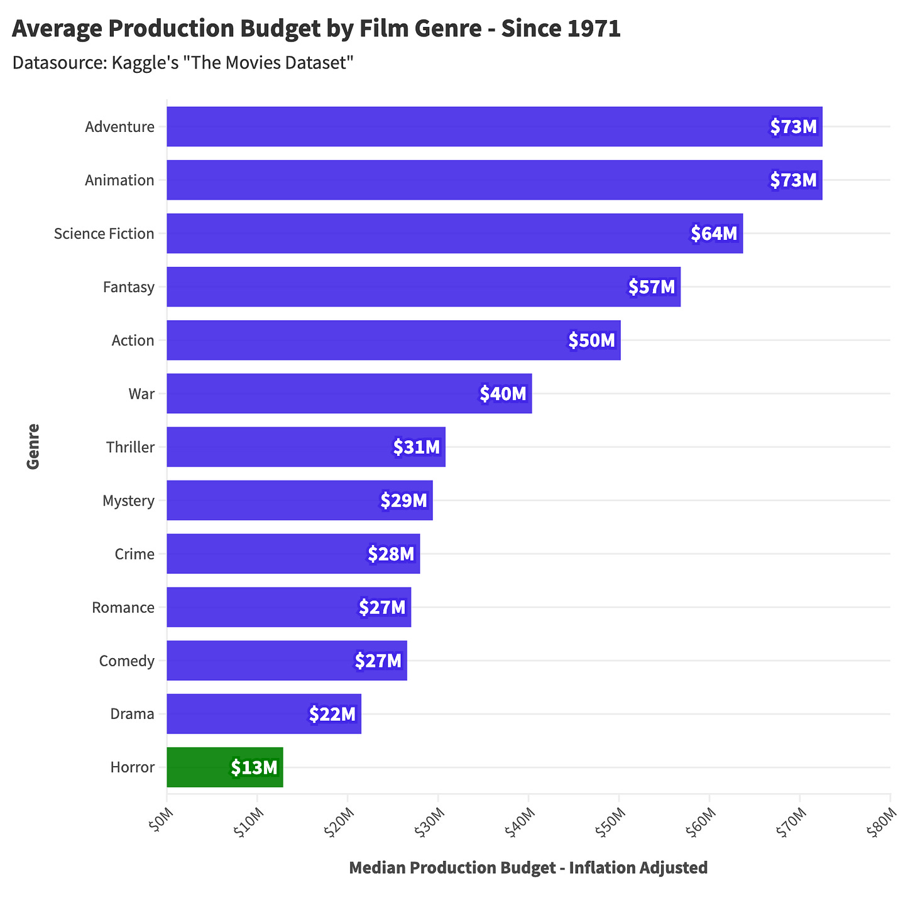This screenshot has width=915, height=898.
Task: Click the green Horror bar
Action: click(224, 767)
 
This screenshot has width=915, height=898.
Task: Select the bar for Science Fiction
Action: click(454, 234)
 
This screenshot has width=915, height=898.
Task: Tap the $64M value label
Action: click(713, 234)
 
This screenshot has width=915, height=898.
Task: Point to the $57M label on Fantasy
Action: click(651, 287)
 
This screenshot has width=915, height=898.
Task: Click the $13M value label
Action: click(254, 767)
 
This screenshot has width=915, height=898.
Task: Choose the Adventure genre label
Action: click(119, 127)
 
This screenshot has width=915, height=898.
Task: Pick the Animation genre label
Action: click(119, 180)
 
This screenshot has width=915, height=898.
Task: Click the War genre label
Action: click(141, 394)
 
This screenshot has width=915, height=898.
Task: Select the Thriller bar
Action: click(305, 447)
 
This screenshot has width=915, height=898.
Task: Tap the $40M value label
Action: click(503, 394)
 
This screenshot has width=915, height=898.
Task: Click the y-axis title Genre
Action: click(33, 446)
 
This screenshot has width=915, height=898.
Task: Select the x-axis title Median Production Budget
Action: click(528, 868)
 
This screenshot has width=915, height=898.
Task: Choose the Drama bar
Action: click(264, 714)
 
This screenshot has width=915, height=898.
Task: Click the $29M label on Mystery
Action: click(403, 500)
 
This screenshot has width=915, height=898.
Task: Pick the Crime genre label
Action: click(134, 554)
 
